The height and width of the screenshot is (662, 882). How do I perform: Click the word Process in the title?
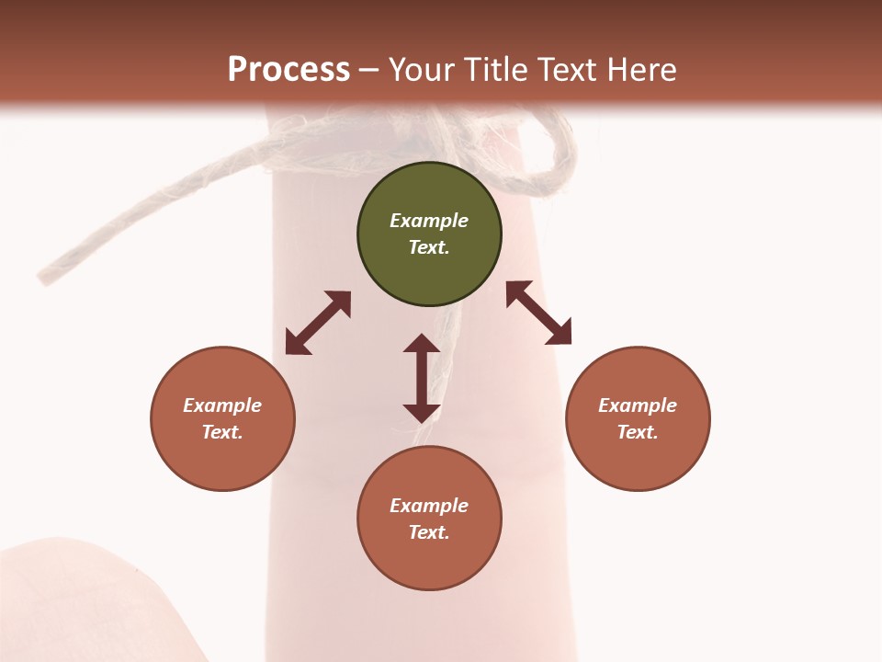288,69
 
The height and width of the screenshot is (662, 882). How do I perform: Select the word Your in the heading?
422,69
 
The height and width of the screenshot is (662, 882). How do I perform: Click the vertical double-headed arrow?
422,378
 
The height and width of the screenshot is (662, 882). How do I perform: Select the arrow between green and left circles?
318,323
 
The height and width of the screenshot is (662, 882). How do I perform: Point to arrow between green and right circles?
538,313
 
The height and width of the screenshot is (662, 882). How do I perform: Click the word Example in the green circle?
429,221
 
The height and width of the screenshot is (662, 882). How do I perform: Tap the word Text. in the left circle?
222,432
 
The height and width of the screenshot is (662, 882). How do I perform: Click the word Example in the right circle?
638,405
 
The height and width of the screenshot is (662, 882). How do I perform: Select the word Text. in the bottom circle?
429,532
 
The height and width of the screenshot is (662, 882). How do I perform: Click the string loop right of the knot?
556,161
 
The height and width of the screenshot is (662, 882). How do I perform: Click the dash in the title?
369,70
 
